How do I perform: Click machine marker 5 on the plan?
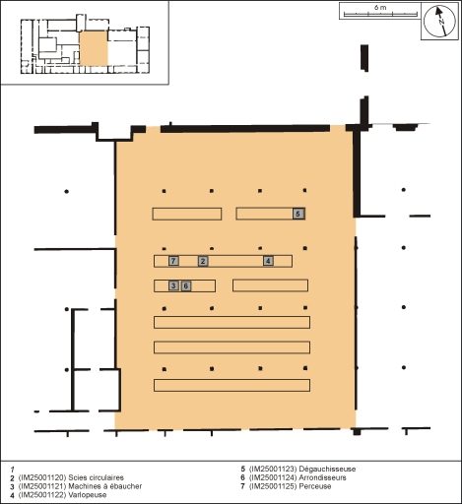pos(298,214)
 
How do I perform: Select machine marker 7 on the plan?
pos(173,261)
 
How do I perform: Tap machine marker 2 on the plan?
pos(203,261)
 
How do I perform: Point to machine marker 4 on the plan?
pos(268,261)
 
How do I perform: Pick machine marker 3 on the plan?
pos(173,285)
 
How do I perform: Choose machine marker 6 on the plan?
pos(185,285)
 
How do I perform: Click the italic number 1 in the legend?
pos(11,469)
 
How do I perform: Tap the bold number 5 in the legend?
pos(243,469)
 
